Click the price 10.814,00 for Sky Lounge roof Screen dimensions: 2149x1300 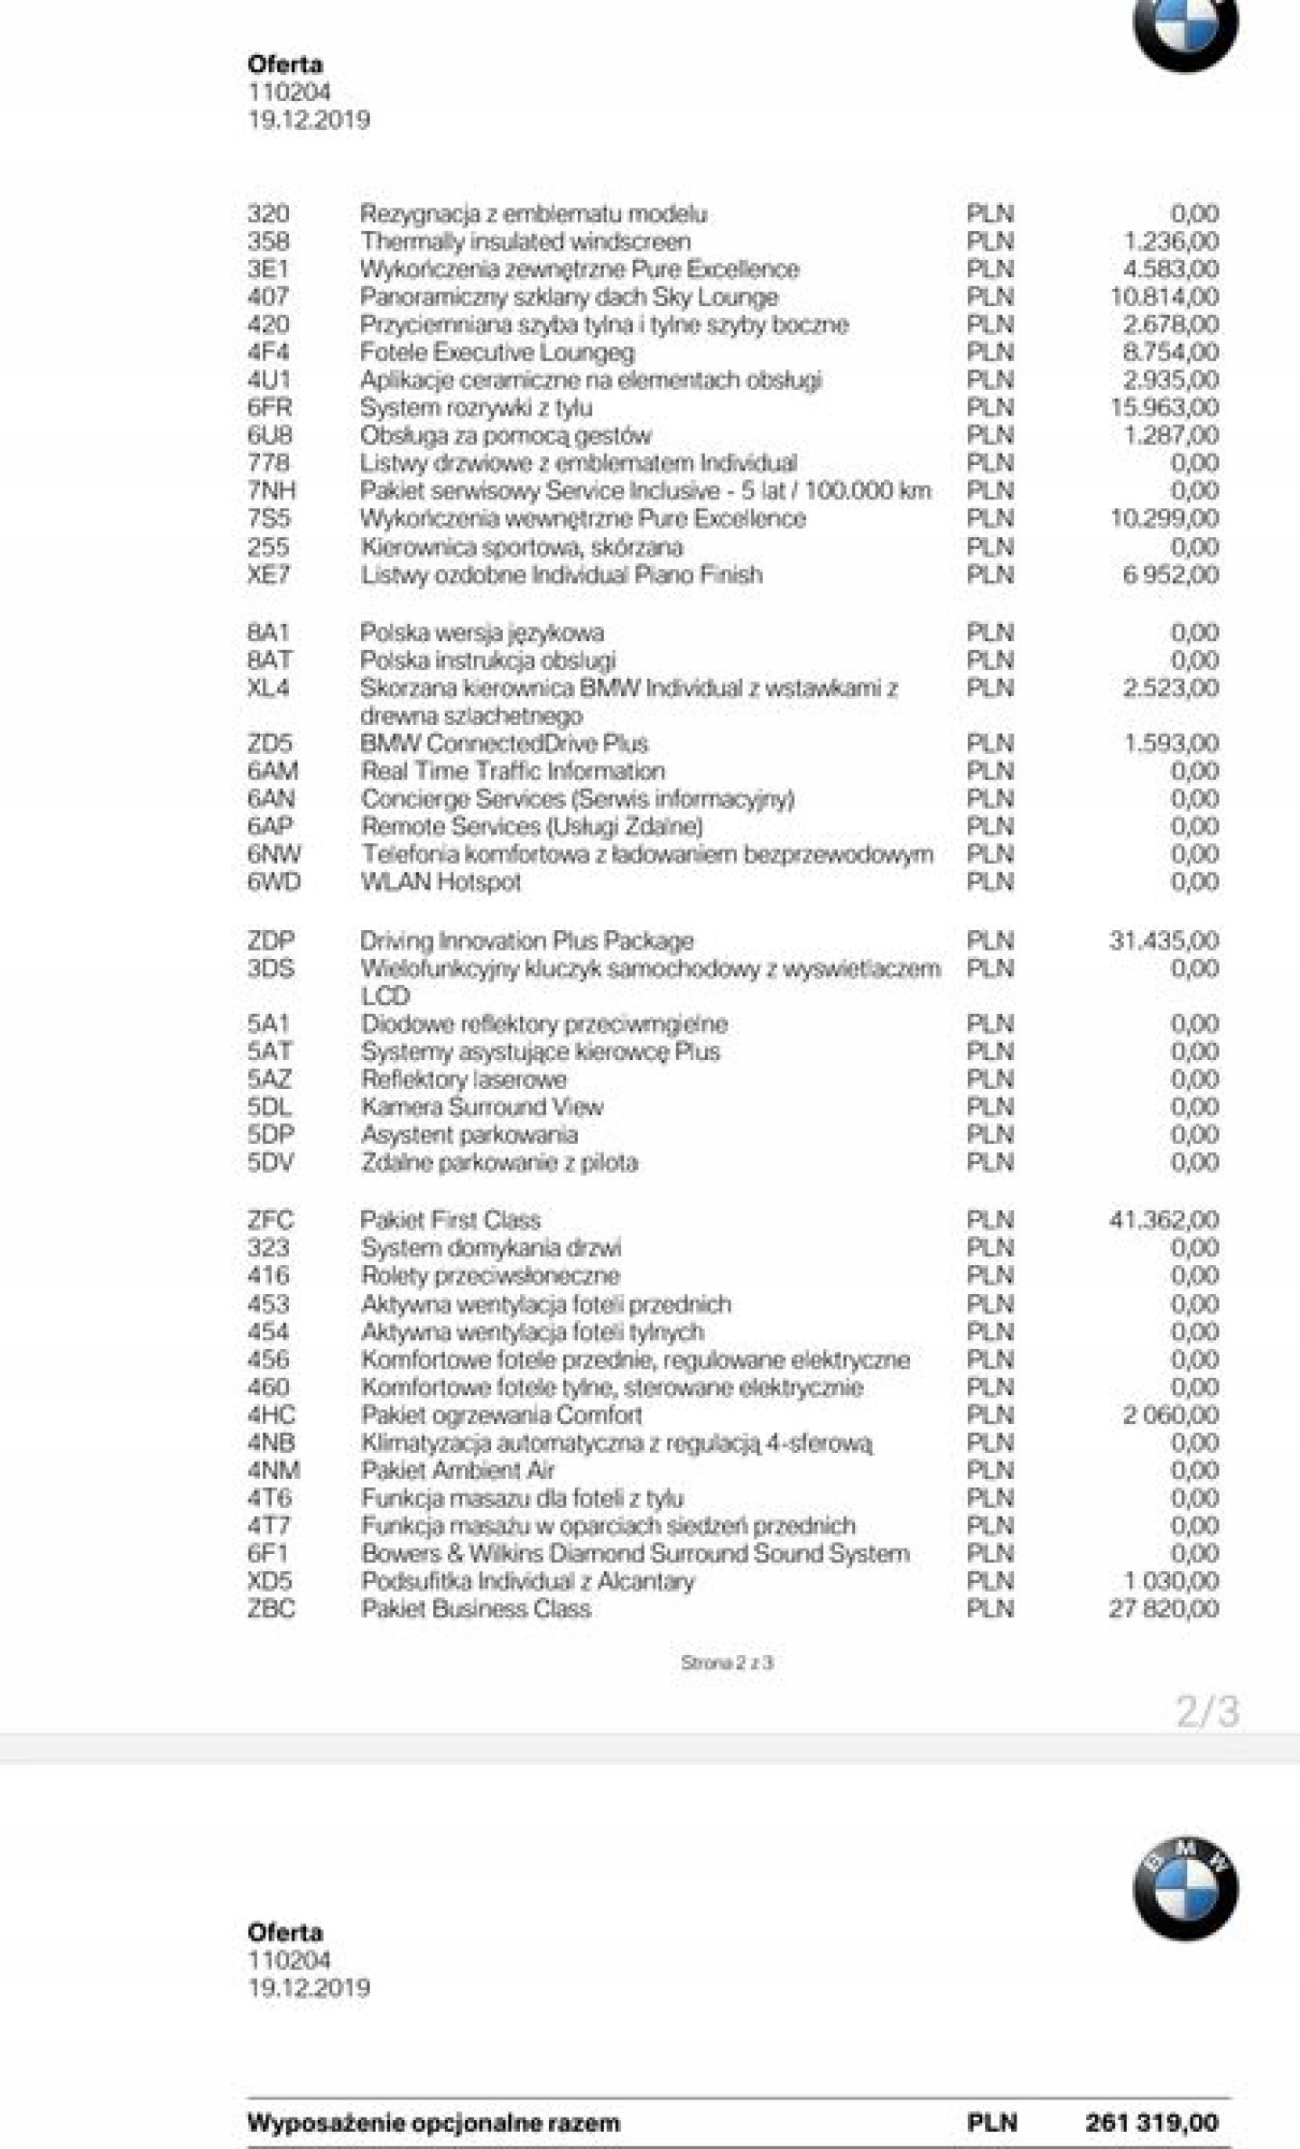1164,297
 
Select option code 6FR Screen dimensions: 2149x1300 269,408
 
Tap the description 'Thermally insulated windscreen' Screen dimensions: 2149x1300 525,242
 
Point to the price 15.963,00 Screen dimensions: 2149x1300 1164,408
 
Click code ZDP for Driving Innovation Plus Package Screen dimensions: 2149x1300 271,941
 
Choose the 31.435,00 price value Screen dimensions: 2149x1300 1164,941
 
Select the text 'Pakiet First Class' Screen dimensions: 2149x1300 450,1221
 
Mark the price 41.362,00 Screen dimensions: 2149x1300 1164,1221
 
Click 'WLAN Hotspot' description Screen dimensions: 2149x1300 441,882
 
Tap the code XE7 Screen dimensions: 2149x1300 268,575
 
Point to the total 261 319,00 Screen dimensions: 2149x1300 1151,2123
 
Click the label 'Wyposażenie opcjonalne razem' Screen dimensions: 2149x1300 433,2123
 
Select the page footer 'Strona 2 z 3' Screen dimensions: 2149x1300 727,1663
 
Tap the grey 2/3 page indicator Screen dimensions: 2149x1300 1207,1712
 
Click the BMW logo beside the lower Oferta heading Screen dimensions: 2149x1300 1185,1889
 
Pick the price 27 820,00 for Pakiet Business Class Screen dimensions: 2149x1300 1164,1609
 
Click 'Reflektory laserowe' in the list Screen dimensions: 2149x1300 464,1080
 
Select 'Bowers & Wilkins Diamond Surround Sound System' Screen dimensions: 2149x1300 635,1554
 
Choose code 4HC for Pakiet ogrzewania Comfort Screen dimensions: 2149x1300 271,1415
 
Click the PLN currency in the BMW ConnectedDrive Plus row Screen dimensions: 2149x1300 990,744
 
